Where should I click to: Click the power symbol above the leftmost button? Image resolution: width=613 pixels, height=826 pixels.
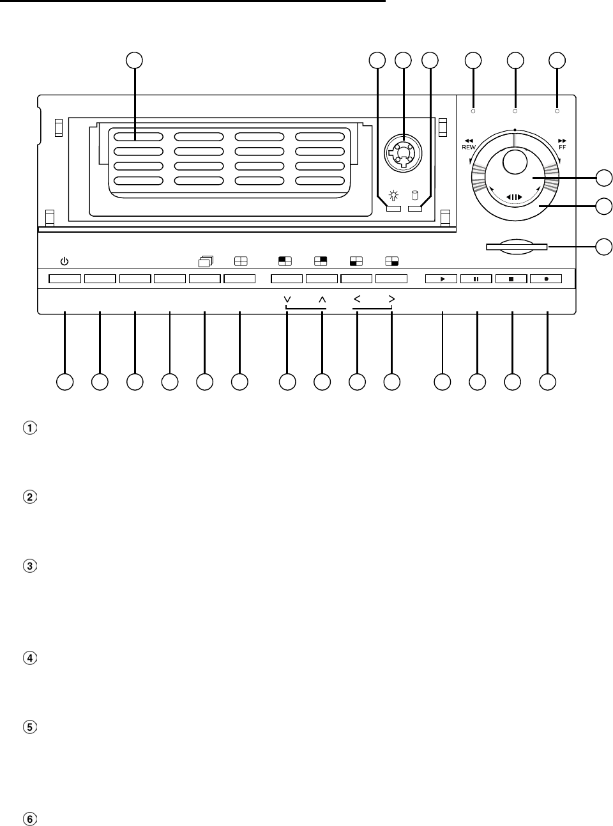pos(63,261)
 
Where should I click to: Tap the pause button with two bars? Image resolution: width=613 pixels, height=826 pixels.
pos(476,279)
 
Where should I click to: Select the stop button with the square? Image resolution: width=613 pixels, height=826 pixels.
pos(511,279)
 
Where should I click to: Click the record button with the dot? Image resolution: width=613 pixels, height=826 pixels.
pos(547,279)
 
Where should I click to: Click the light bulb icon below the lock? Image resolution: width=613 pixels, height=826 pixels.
pos(394,196)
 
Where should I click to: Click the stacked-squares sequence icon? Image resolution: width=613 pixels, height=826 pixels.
pos(206,261)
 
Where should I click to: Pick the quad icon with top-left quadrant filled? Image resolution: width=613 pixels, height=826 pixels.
pos(285,261)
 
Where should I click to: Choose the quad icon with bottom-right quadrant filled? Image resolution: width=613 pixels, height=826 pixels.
pos(391,261)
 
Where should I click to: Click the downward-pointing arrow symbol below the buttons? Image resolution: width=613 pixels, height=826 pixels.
pos(287,299)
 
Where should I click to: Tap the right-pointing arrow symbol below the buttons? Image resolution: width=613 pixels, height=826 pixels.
pos(391,299)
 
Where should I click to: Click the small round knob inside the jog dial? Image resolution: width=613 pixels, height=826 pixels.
pos(515,161)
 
